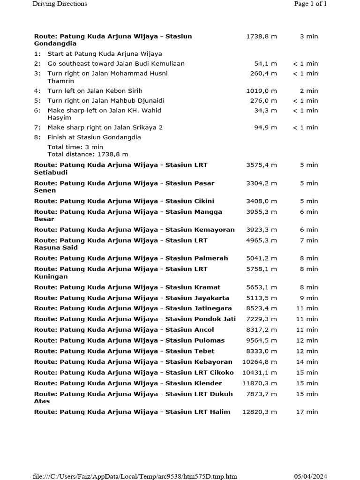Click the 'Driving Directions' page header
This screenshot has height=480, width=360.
(60, 4)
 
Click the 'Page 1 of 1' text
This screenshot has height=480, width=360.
(310, 4)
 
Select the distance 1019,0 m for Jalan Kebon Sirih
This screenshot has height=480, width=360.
(262, 91)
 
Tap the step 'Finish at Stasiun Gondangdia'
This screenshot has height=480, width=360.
(94, 137)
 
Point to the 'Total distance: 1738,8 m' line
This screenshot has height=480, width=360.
(88, 154)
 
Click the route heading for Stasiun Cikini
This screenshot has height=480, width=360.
(124, 201)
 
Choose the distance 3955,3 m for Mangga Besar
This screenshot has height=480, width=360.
(262, 212)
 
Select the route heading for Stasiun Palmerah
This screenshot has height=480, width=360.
(131, 258)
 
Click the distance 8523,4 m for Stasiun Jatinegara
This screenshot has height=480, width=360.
(262, 308)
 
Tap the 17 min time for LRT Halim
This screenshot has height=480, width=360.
(307, 412)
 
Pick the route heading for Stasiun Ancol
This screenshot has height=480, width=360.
(124, 330)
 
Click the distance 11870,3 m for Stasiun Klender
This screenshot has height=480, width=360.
(260, 383)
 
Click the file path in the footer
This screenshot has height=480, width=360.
(135, 477)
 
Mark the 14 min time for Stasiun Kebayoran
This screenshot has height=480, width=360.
(307, 362)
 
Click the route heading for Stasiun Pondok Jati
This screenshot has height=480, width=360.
(135, 319)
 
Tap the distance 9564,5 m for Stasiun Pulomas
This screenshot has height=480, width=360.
(262, 341)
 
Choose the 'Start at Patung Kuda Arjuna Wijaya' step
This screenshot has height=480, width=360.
(105, 54)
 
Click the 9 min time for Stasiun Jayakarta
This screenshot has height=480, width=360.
(309, 298)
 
